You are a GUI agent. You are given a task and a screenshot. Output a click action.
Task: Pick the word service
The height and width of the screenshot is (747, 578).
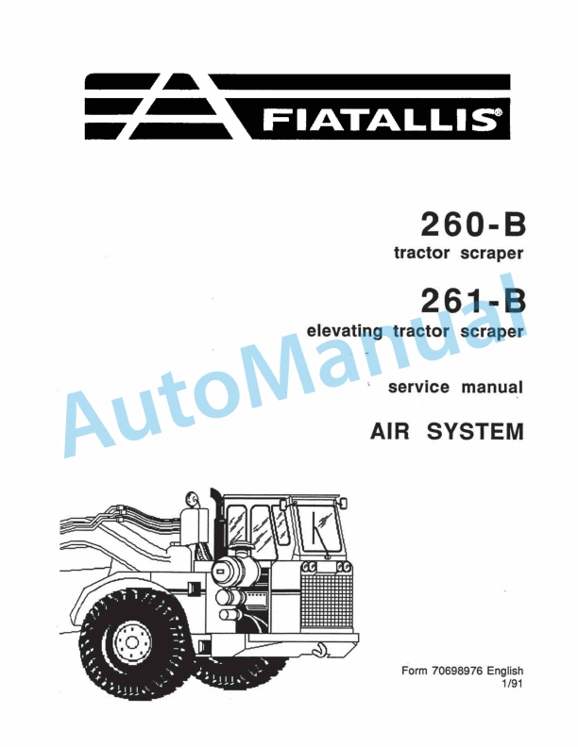(421, 387)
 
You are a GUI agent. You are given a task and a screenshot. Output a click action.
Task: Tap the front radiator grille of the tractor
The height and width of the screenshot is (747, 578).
(326, 598)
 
